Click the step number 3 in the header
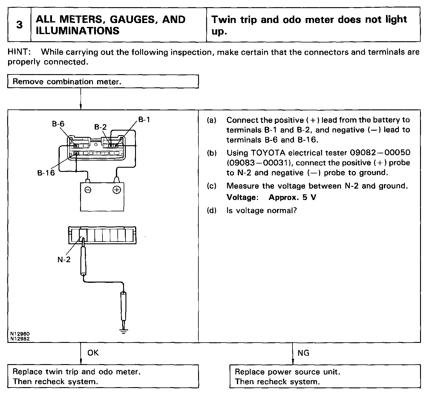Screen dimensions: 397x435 pyautogui.click(x=19, y=25)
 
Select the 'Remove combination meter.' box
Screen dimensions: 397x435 pyautogui.click(x=103, y=82)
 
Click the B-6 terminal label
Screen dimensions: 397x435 pyautogui.click(x=58, y=124)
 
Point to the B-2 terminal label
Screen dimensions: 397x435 pyautogui.click(x=100, y=127)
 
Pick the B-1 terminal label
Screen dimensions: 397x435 pyautogui.click(x=144, y=120)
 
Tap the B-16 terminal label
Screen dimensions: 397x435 pyautogui.click(x=46, y=173)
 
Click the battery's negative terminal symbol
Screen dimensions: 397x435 pyautogui.click(x=88, y=190)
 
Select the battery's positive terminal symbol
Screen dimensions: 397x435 pyautogui.click(x=117, y=190)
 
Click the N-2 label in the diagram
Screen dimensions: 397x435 pyautogui.click(x=64, y=259)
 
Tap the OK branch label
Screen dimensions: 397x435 pyautogui.click(x=93, y=353)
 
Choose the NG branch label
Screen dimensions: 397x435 pyautogui.click(x=303, y=353)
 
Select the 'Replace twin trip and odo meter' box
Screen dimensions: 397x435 pyautogui.click(x=103, y=376)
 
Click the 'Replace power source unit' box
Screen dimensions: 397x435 pyautogui.click(x=325, y=376)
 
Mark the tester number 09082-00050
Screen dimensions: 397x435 pyautogui.click(x=380, y=153)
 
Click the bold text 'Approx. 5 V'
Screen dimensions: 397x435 pyautogui.click(x=292, y=198)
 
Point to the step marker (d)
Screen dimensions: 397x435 pyautogui.click(x=212, y=210)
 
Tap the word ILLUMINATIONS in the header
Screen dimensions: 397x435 pyautogui.click(x=78, y=31)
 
